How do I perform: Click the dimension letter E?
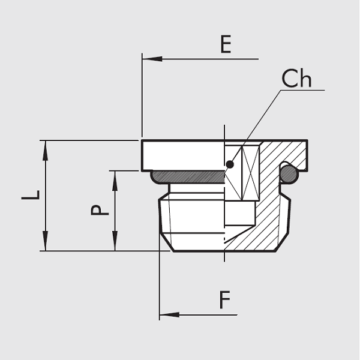coord(226,45)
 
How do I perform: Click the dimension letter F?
coord(224,300)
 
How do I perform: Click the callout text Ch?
coord(296,79)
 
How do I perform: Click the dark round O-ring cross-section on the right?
coord(289,174)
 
